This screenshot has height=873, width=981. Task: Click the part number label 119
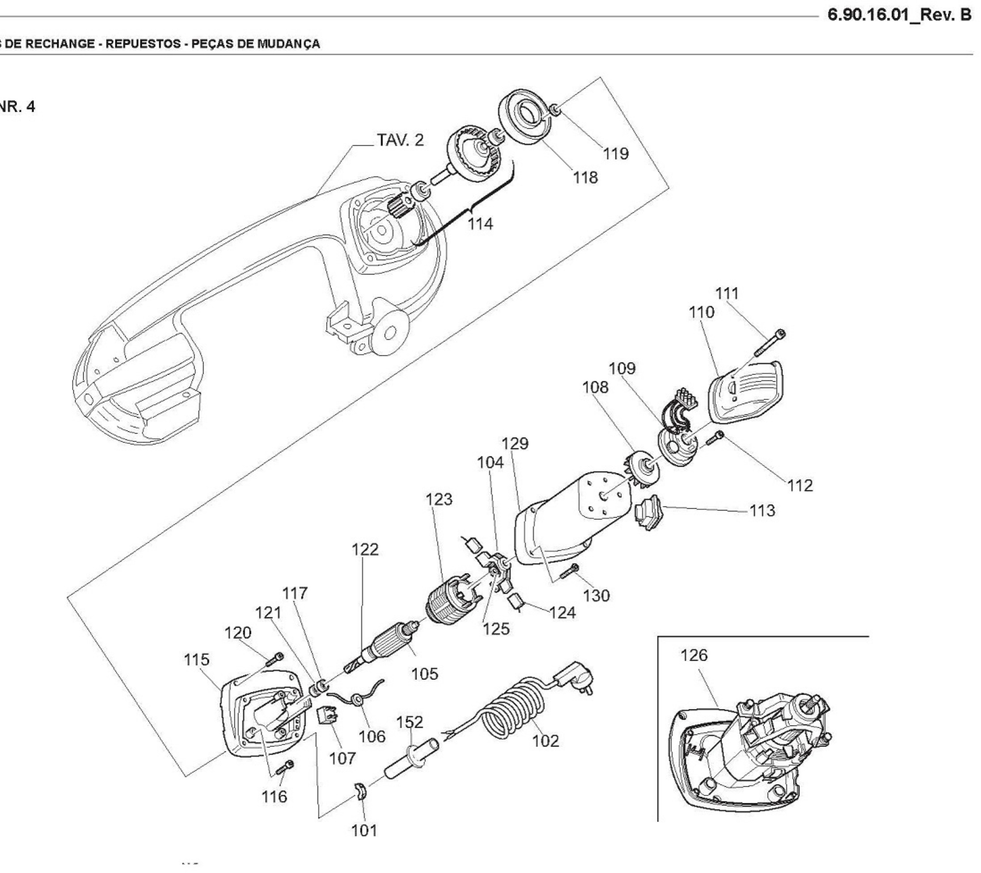[616, 154]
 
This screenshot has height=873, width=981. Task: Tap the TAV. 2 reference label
[400, 140]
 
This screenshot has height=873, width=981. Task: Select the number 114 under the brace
[480, 224]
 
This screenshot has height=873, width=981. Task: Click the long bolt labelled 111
[769, 345]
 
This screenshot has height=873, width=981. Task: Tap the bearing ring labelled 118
[524, 115]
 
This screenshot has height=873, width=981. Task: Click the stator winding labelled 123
[450, 601]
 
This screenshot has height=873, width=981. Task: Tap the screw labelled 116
[285, 768]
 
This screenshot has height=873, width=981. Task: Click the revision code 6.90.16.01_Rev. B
[899, 15]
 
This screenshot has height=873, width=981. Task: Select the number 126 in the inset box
[694, 655]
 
